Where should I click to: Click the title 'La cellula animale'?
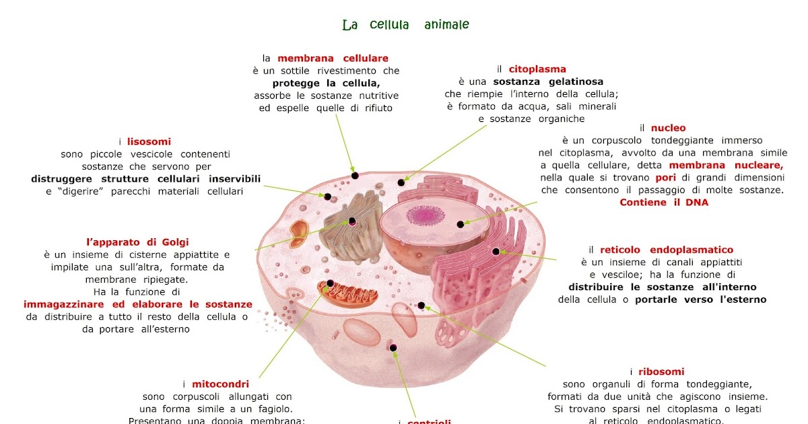[x=405, y=25]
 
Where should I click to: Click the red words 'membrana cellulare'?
[x=333, y=59]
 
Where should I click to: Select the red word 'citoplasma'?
[x=537, y=69]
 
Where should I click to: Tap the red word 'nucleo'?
[x=668, y=128]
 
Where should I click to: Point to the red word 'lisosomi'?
[x=148, y=142]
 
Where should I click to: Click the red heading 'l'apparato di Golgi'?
[x=137, y=242]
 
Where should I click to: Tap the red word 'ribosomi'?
[x=661, y=372]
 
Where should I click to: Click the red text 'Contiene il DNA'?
[x=664, y=203]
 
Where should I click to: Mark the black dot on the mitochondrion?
[x=331, y=284]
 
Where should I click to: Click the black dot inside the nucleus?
[x=461, y=224]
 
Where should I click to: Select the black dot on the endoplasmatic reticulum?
[x=496, y=251]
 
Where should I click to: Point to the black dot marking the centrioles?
[x=393, y=348]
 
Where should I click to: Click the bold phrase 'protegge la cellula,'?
[x=326, y=83]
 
